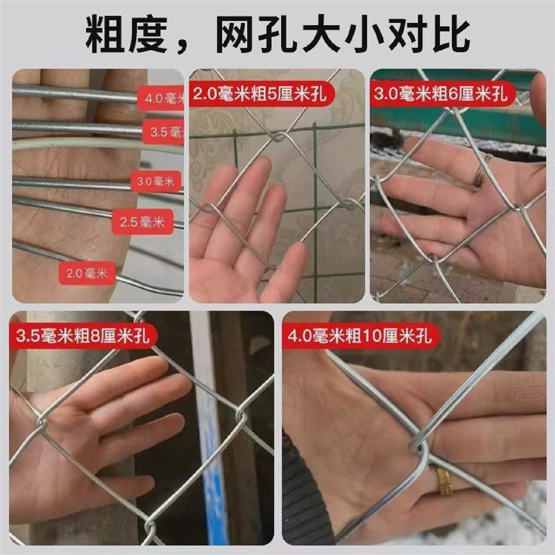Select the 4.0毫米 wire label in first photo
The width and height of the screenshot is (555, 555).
(164, 99)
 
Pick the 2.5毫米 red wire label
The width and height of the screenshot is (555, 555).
(139, 222)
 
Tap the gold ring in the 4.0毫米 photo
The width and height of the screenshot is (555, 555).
(443, 480)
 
